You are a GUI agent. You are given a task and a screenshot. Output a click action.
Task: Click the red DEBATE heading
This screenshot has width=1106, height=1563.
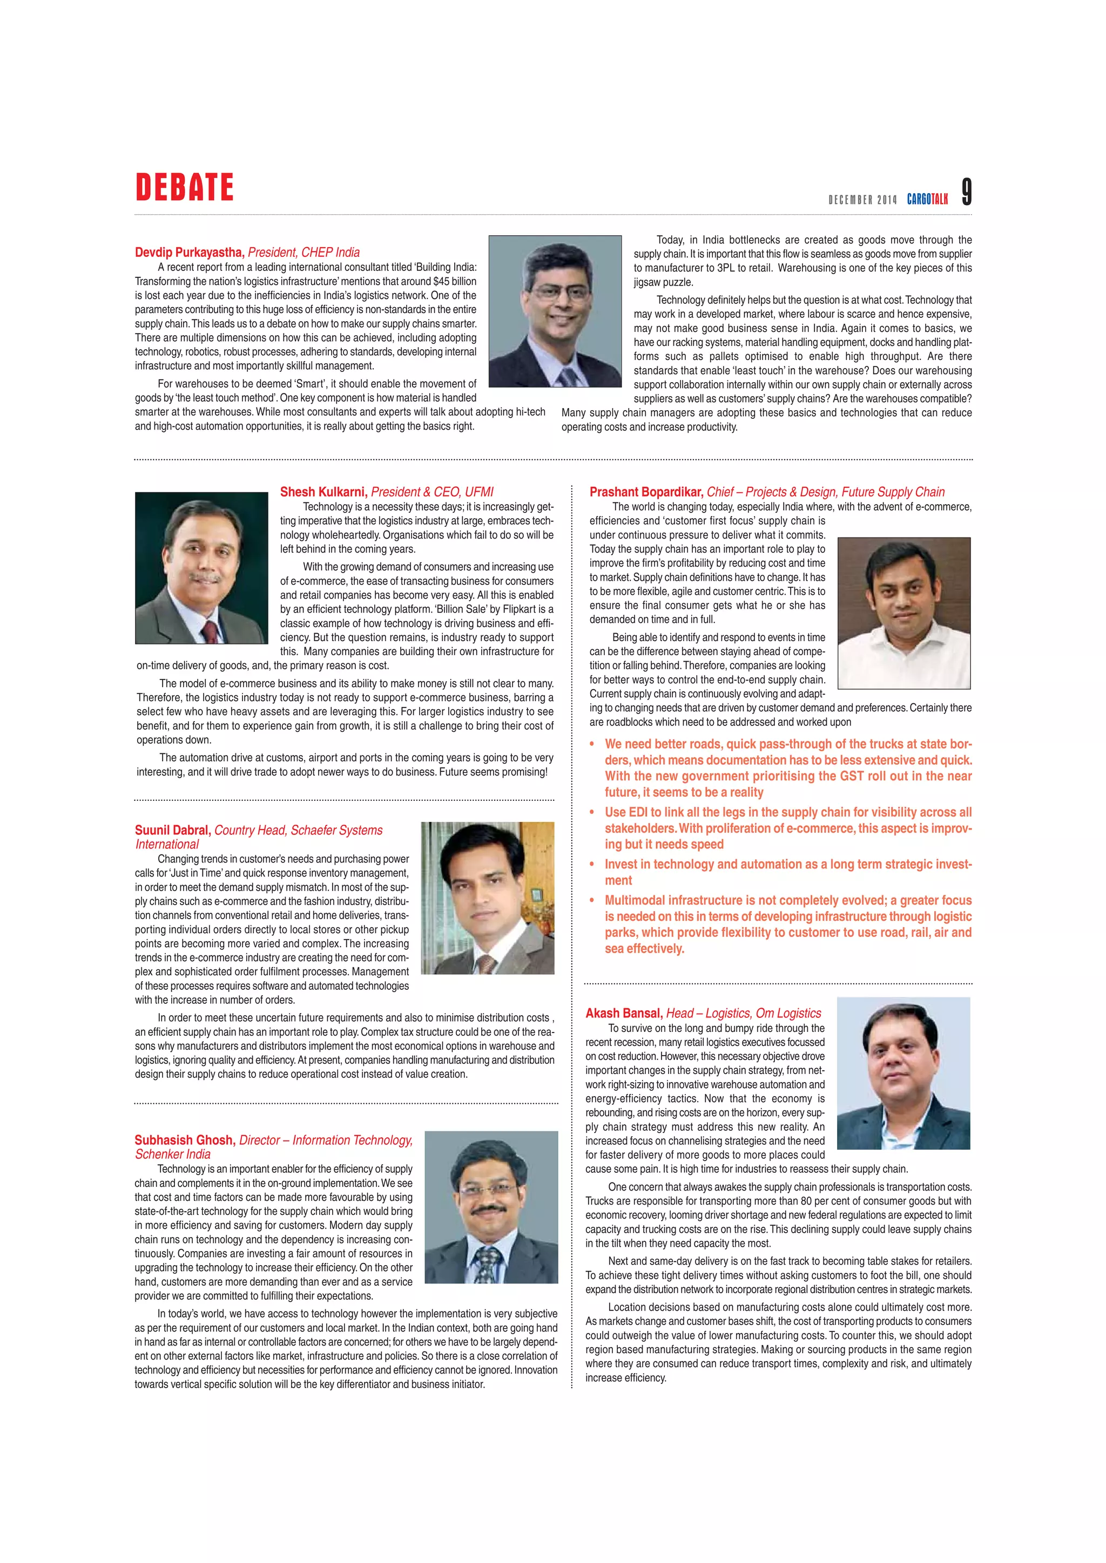click(x=185, y=187)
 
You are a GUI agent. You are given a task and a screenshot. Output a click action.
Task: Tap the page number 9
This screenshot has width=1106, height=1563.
click(x=966, y=192)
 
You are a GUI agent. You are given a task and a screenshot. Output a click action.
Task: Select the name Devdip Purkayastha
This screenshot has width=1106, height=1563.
click(x=188, y=253)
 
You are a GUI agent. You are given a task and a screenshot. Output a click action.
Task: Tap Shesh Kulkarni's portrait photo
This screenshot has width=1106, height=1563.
click(x=201, y=568)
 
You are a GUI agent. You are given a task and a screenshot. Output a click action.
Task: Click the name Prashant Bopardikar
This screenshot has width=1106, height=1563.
click(x=646, y=492)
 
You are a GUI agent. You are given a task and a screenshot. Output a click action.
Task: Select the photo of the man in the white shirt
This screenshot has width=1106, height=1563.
click(x=903, y=613)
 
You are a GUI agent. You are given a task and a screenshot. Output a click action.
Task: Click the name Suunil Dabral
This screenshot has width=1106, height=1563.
click(x=173, y=831)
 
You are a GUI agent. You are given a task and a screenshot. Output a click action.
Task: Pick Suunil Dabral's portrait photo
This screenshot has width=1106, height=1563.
click(x=488, y=898)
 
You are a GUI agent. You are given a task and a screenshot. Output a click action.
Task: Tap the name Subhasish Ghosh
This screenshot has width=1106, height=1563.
click(x=185, y=1140)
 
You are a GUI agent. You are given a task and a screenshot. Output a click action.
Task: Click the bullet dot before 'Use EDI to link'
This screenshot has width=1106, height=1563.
click(x=592, y=813)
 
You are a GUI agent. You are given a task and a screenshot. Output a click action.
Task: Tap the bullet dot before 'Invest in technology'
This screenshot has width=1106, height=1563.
click(x=592, y=865)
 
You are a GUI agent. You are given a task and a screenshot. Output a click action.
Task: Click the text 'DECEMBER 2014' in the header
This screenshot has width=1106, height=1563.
click(x=862, y=200)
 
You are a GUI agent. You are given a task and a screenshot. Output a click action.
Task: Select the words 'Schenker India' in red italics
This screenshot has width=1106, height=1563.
click(x=173, y=1154)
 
